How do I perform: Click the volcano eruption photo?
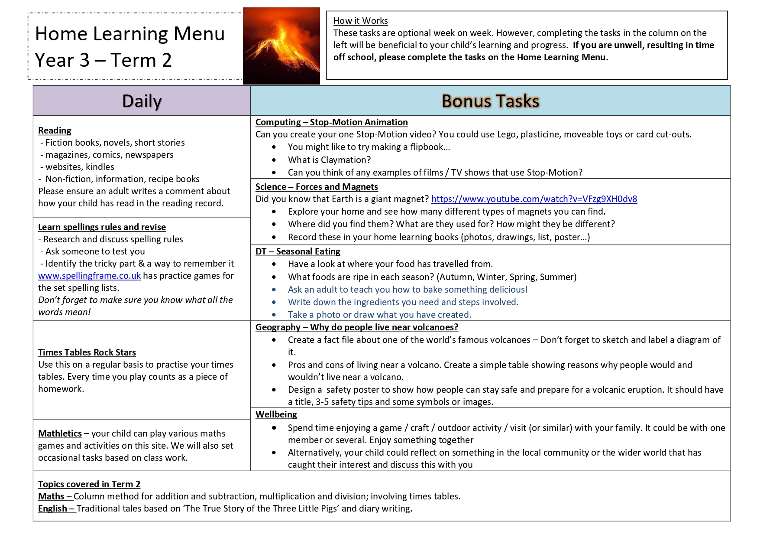281,46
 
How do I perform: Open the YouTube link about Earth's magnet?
534,199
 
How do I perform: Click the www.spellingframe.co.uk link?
89,276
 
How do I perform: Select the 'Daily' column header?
142,101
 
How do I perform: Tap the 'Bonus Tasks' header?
490,101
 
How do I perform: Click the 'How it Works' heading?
360,21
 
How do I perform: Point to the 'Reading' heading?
55,130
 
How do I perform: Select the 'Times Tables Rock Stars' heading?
87,352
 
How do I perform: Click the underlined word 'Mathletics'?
60,434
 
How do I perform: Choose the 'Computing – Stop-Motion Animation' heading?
331,122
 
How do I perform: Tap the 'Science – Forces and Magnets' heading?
317,187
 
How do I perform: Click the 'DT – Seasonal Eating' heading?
298,251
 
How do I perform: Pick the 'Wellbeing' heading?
276,414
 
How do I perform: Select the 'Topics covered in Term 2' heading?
89,484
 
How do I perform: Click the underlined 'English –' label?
57,509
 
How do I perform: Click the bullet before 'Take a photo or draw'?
274,315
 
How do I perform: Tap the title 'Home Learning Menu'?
129,34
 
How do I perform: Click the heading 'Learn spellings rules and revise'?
102,227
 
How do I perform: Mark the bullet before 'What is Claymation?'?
274,160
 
